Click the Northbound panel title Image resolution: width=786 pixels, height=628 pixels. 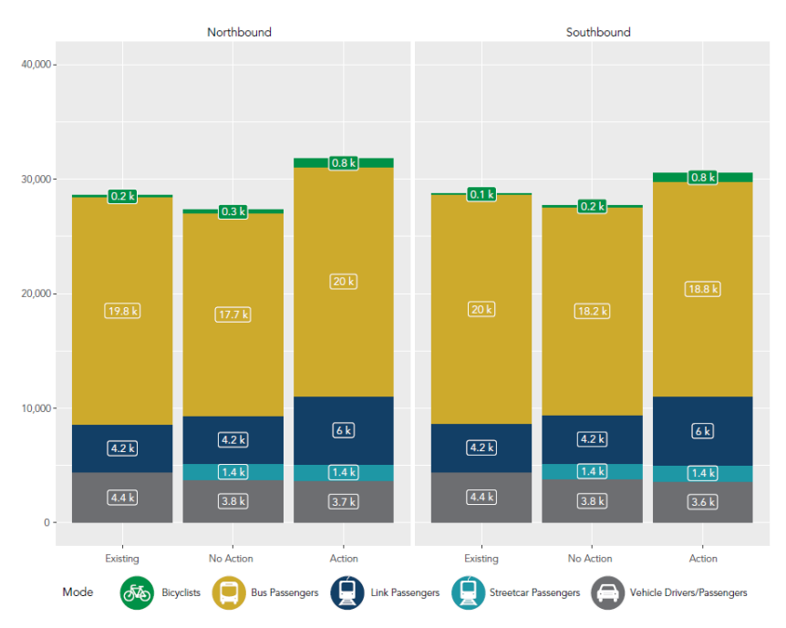pyautogui.click(x=239, y=32)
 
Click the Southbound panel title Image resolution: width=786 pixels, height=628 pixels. pyautogui.click(x=598, y=32)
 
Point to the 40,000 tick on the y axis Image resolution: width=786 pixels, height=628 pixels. pyautogui.click(x=38, y=65)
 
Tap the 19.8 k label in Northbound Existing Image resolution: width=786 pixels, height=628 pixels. pyautogui.click(x=122, y=311)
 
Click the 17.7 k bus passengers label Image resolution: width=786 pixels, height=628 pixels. pyautogui.click(x=233, y=314)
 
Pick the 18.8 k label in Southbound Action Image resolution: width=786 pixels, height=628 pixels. pyautogui.click(x=702, y=289)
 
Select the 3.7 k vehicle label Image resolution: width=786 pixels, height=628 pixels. pyautogui.click(x=344, y=501)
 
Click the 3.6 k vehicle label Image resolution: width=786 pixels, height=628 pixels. pyautogui.click(x=702, y=501)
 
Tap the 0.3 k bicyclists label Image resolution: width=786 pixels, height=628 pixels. pyautogui.click(x=233, y=211)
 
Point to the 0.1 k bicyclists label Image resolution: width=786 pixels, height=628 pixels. pyautogui.click(x=481, y=194)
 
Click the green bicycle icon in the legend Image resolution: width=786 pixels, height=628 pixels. pyautogui.click(x=138, y=592)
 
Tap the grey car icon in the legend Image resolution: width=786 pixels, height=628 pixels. pyautogui.click(x=608, y=592)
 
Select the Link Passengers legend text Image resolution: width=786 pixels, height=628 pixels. pyautogui.click(x=405, y=592)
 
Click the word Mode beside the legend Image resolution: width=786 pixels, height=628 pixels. pyautogui.click(x=78, y=592)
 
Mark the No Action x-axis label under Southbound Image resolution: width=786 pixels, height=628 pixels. pyautogui.click(x=590, y=559)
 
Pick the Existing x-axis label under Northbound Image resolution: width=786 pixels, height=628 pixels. pyautogui.click(x=122, y=559)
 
